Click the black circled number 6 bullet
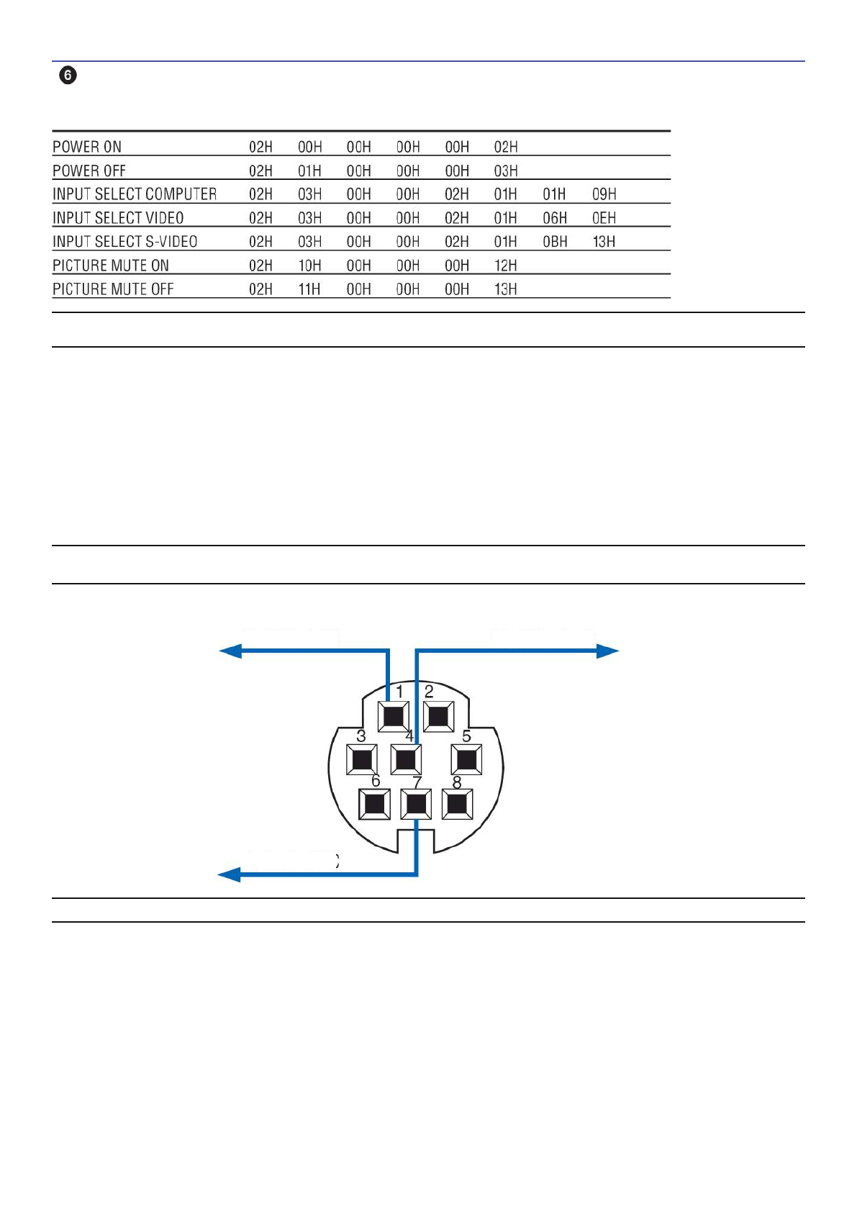pos(68,75)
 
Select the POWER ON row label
pos(87,147)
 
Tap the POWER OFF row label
pos(89,171)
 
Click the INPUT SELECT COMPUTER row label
pos(135,194)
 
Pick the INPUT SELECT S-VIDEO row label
pos(125,242)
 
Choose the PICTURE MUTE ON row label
pos(111,266)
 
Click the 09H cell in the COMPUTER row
pos(604,194)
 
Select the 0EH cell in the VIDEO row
pos(604,218)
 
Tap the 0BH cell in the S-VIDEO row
pos(555,242)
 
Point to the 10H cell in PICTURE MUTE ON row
pos(310,266)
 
